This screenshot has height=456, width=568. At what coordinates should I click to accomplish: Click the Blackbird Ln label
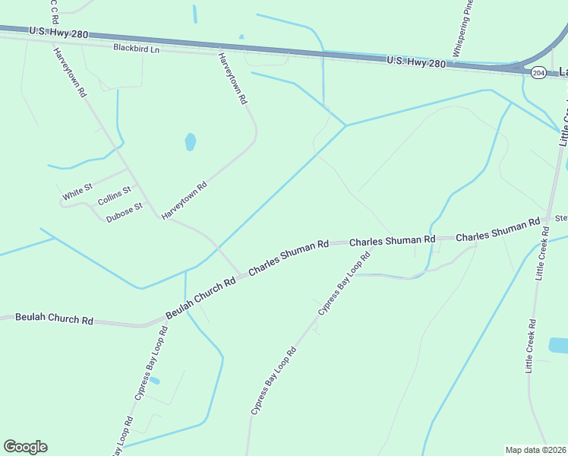click(137, 48)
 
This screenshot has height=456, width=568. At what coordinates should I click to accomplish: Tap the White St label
click(77, 192)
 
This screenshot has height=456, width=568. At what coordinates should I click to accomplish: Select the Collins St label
click(115, 195)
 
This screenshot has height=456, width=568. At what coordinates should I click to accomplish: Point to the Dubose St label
click(125, 211)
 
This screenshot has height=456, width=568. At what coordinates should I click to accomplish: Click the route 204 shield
click(538, 73)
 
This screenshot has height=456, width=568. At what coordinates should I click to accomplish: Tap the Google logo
click(25, 447)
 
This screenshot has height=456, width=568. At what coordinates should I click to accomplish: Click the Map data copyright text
click(536, 450)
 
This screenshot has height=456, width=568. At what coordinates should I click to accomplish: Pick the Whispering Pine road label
click(464, 32)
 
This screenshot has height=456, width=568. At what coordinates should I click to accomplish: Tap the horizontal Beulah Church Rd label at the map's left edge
click(54, 318)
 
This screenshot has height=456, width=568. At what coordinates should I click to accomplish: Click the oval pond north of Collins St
click(190, 141)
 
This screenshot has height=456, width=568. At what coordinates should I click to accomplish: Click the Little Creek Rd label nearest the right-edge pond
click(530, 346)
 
